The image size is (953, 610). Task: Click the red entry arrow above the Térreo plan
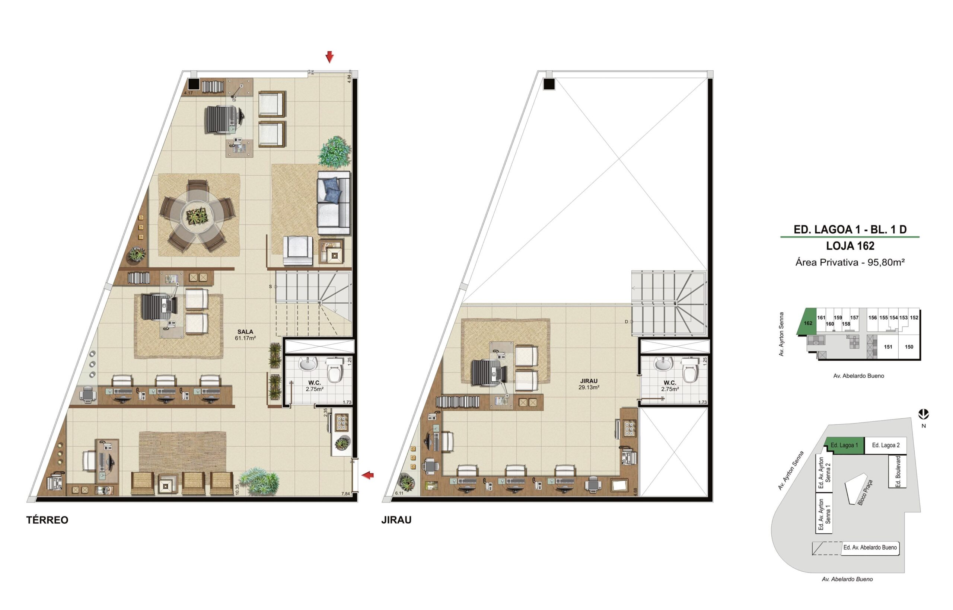tap(329, 57)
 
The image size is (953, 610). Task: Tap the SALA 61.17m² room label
tap(245, 335)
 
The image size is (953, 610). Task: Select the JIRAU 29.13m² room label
tap(588, 384)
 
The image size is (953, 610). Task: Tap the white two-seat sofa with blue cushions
tap(334, 203)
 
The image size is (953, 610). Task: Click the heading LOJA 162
tap(850, 246)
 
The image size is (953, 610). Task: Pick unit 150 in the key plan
tap(909, 347)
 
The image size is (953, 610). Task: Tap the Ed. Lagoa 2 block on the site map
tap(886, 445)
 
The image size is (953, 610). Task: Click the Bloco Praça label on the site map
tap(865, 493)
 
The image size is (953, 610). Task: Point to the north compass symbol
tap(924, 414)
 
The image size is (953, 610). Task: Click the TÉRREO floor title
tap(47, 520)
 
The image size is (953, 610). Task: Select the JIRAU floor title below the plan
tap(396, 520)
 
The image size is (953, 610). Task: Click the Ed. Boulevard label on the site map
tap(898, 471)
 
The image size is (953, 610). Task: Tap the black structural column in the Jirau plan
tap(549, 84)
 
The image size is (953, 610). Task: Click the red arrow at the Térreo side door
tap(368, 475)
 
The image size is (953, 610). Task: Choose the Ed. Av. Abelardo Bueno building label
tap(870, 547)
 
